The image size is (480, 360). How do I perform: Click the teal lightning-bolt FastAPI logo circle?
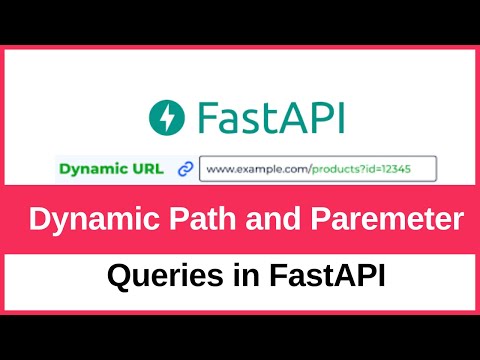pos(166,118)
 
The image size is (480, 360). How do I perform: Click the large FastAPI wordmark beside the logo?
pos(270,118)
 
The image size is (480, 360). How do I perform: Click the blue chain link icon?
pos(185,170)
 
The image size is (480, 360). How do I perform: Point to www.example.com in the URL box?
pos(248,170)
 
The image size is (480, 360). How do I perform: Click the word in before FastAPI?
pos(238,276)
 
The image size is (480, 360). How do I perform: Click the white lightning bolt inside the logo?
pos(166,118)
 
